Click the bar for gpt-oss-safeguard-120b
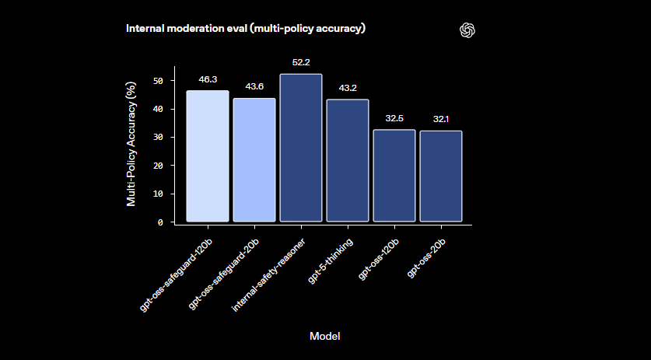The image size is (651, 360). pos(208,156)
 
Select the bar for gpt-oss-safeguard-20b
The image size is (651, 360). pos(254,160)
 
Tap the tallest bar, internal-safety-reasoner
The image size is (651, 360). pos(301,148)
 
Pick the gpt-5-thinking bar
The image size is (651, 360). pos(348,161)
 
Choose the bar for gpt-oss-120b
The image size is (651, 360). pos(394,176)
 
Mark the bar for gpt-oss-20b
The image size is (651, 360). pos(441,177)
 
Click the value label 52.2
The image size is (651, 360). pos(301,62)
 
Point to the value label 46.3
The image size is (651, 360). pos(208,79)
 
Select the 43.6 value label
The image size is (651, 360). pos(254,86)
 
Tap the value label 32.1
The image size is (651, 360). pos(441,119)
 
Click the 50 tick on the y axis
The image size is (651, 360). pos(159,81)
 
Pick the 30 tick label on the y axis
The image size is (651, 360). pos(159,138)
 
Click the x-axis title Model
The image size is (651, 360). pos(324,336)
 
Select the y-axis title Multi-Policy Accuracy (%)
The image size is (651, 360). pos(131,145)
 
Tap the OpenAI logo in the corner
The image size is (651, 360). pos(467,30)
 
